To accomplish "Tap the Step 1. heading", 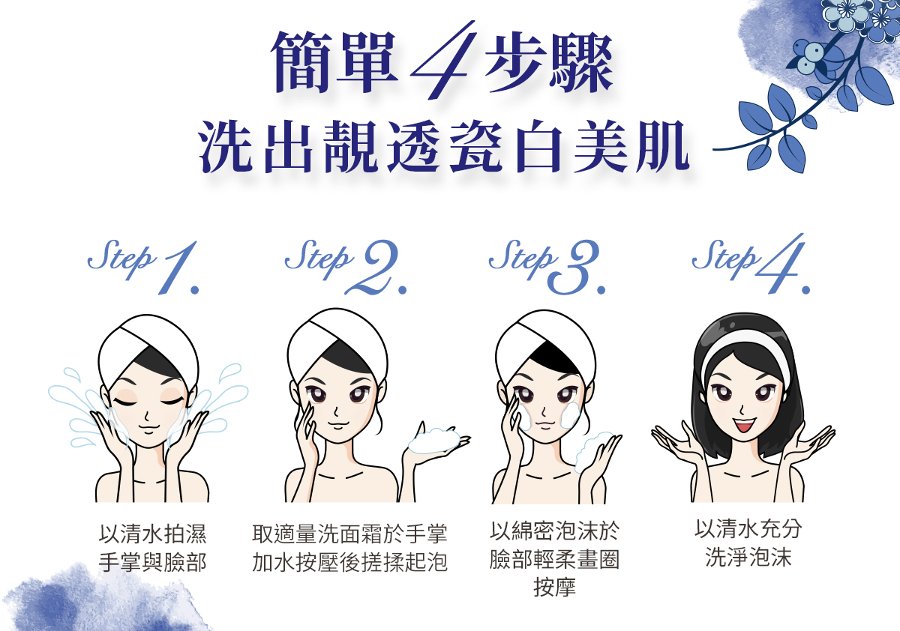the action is pos(143,267).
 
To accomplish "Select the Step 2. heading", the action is pos(346,267).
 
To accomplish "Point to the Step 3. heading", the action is pos(547,267).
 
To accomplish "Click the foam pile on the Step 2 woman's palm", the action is pos(435,441).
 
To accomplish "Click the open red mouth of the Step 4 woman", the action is pos(745,424).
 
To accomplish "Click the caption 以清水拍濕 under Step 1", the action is pos(152,534).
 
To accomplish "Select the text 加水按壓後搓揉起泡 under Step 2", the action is pos(349,561).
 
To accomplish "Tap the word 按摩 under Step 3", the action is pos(554,587).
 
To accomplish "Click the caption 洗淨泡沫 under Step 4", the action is pos(748,557).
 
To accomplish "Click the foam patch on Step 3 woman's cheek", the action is pos(570,414).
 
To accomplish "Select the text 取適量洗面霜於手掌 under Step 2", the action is pos(349,534).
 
